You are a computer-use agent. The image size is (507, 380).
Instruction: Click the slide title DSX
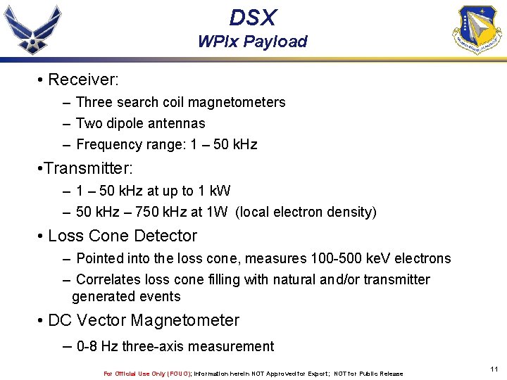pyautogui.click(x=253, y=17)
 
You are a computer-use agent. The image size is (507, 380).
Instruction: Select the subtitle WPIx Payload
pyautogui.click(x=253, y=42)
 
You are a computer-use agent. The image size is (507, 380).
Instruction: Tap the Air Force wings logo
pyautogui.click(x=32, y=30)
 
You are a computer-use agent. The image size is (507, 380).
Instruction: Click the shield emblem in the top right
pyautogui.click(x=478, y=30)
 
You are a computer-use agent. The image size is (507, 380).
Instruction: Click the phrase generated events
pyautogui.click(x=126, y=297)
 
